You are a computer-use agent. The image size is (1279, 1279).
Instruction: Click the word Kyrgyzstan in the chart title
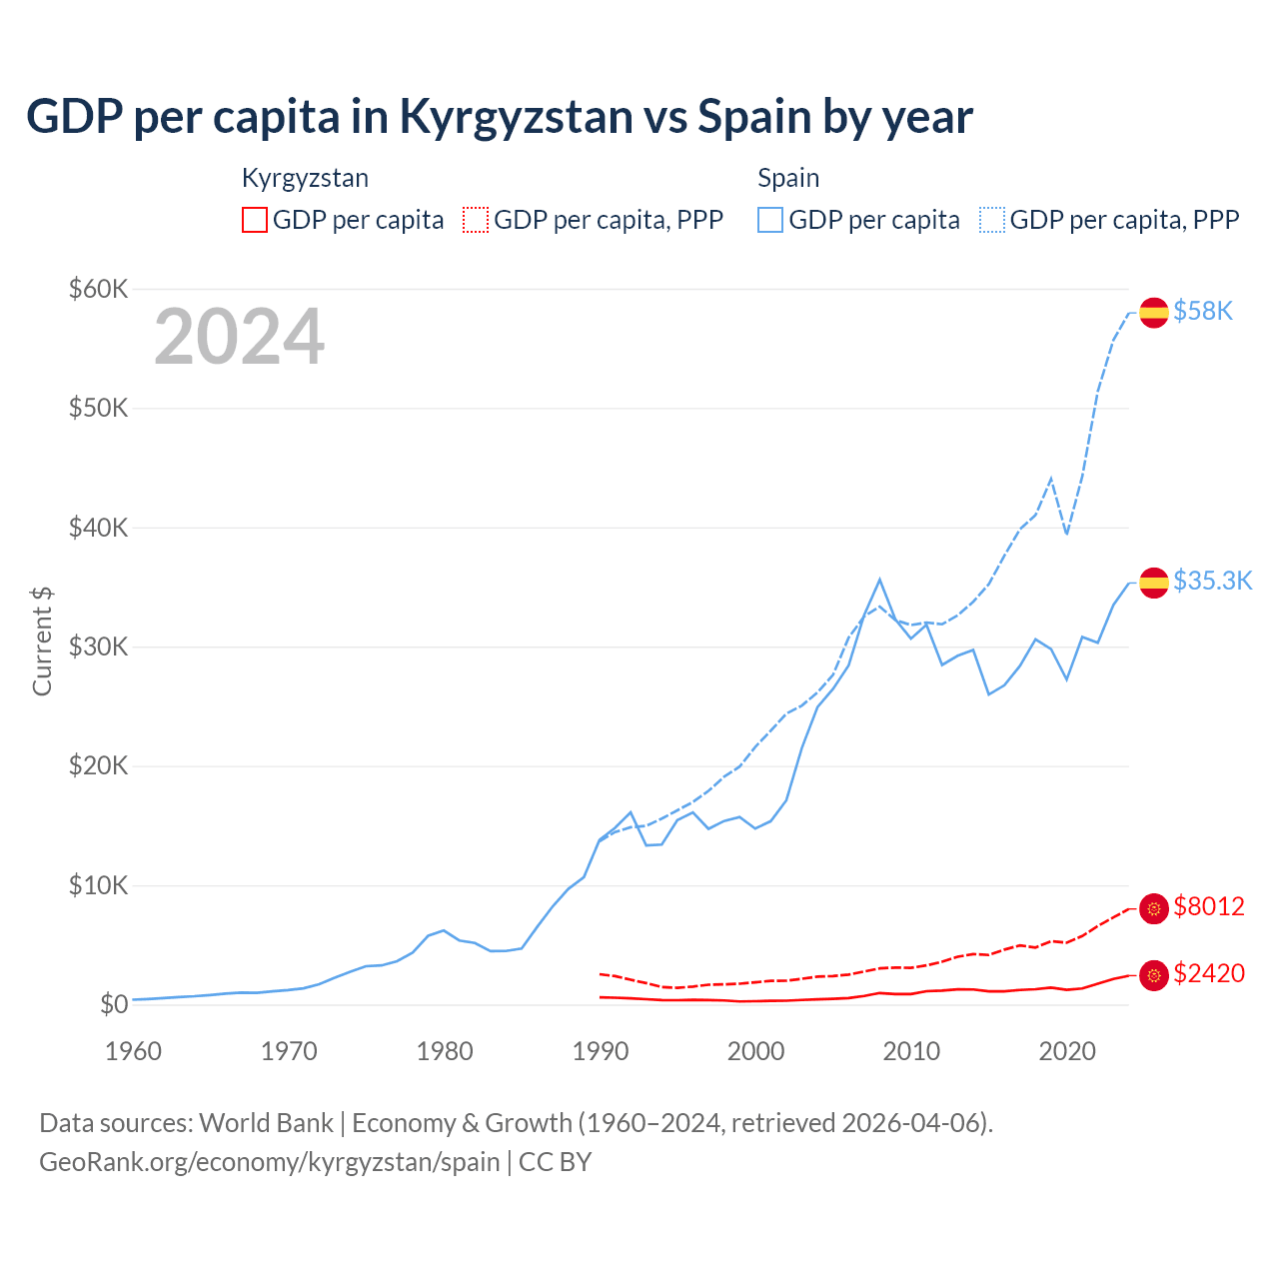tap(516, 117)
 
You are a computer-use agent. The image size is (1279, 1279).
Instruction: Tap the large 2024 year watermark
tap(239, 337)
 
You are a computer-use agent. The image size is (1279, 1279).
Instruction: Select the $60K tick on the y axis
tap(98, 289)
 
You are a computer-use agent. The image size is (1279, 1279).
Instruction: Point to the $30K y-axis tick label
tap(98, 646)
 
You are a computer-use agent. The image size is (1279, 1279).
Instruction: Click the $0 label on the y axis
tap(113, 1004)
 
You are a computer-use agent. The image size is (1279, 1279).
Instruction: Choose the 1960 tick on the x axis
tap(133, 1051)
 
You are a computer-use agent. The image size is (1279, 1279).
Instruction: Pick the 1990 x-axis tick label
tap(601, 1051)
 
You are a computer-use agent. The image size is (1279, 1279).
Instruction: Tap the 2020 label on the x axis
tap(1067, 1051)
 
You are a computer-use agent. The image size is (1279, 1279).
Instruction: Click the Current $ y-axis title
tap(42, 641)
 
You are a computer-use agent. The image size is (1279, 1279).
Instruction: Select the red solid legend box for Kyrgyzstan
tap(255, 220)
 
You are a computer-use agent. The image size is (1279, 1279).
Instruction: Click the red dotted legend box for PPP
tap(476, 220)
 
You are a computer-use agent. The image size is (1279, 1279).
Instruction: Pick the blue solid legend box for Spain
tap(770, 220)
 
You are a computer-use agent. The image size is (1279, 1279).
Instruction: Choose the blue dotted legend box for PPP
tap(992, 220)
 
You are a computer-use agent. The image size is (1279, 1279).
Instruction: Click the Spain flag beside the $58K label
tap(1154, 312)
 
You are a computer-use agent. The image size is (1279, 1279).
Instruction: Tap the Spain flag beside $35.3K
tap(1154, 582)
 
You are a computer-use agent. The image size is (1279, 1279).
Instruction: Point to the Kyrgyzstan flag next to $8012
tap(1154, 907)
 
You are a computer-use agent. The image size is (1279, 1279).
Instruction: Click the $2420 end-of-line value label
tap(1209, 973)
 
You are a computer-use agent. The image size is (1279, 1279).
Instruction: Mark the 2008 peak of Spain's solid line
tap(879, 580)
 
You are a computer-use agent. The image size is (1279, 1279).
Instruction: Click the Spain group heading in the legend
tap(788, 178)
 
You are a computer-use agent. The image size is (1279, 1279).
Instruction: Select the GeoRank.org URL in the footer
tap(269, 1162)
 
